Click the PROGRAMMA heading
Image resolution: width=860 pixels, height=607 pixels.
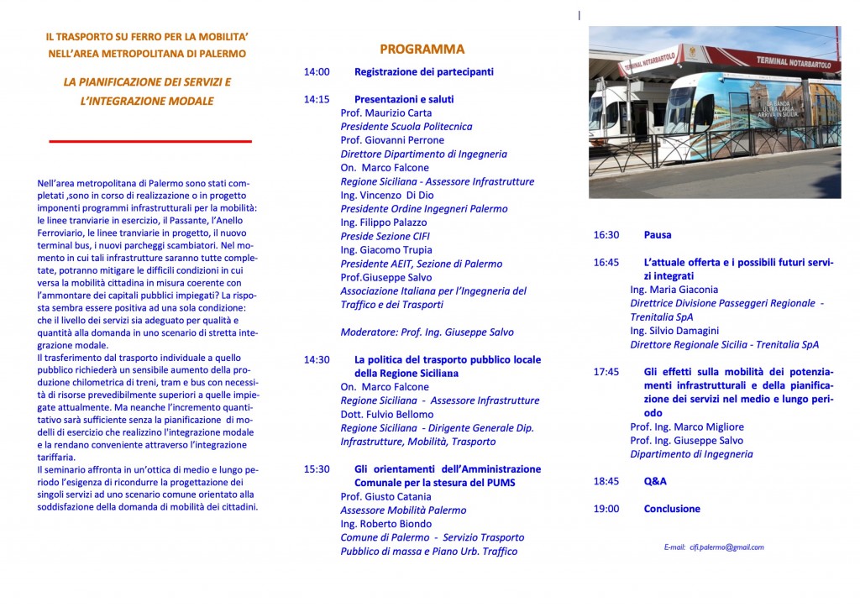[x=422, y=49]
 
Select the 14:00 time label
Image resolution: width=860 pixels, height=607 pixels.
[x=317, y=72]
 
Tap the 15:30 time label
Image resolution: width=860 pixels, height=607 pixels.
[x=317, y=469]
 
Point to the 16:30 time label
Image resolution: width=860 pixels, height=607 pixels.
[x=606, y=235]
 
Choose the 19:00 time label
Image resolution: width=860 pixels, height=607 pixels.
[x=606, y=509]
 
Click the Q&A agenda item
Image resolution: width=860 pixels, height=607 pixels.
[x=655, y=482]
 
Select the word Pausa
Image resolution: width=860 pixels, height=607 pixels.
[x=658, y=235]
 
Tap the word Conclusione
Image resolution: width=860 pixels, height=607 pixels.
[x=671, y=509]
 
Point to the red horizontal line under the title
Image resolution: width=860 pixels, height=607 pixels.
[x=150, y=142]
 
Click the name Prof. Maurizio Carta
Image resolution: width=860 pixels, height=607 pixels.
[x=386, y=113]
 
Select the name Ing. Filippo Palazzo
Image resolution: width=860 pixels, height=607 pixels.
[x=383, y=222]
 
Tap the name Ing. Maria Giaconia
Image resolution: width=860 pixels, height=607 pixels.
[x=674, y=290]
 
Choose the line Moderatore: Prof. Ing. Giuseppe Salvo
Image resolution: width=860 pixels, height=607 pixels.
[x=427, y=332]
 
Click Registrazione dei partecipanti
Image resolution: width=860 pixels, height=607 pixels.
[x=424, y=72]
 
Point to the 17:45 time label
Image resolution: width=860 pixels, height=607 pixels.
[x=606, y=372]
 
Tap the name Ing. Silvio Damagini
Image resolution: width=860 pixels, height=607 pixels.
[x=674, y=331]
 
